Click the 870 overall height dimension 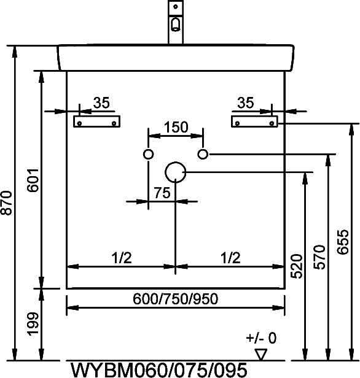pyautogui.click(x=7, y=203)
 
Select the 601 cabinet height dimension pyautogui.click(x=33, y=180)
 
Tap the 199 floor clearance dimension pyautogui.click(x=33, y=324)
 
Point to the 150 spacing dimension pyautogui.click(x=176, y=127)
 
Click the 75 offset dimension pyautogui.click(x=162, y=193)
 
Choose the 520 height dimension pyautogui.click(x=297, y=266)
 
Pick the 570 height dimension pyautogui.click(x=319, y=257)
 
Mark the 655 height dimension pyautogui.click(x=343, y=242)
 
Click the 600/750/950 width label pyautogui.click(x=176, y=299)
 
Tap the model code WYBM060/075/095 pyautogui.click(x=159, y=370)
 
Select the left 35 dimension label pyautogui.click(x=101, y=103)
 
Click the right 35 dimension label pyautogui.click(x=246, y=103)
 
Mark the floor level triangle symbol pyautogui.click(x=261, y=354)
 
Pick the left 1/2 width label pyautogui.click(x=122, y=258)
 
